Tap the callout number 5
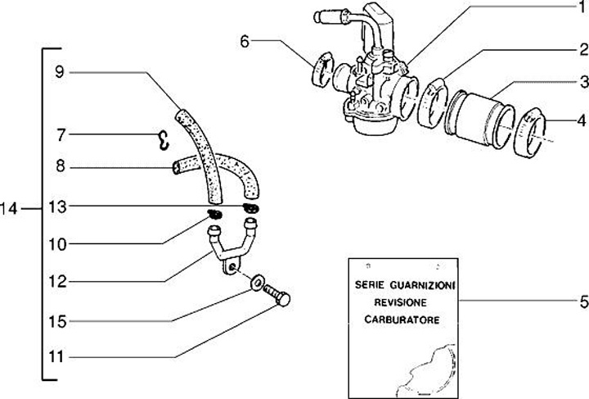[x=582, y=302]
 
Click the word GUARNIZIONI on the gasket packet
[x=418, y=287]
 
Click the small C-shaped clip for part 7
[x=163, y=141]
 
